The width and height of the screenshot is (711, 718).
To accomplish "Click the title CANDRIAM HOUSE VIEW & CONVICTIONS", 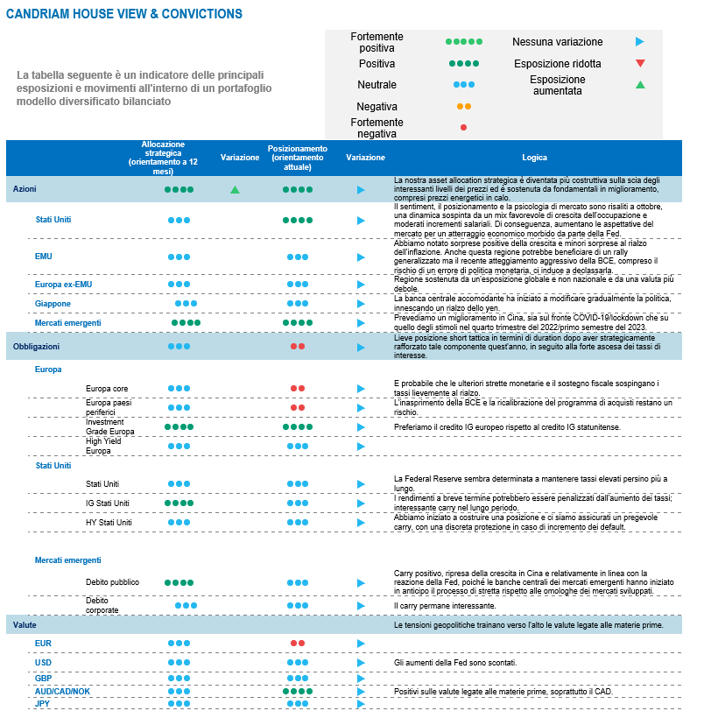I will pos(124,15).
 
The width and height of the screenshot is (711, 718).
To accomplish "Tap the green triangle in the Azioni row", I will pos(235,189).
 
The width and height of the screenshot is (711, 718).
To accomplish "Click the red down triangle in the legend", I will pos(640,63).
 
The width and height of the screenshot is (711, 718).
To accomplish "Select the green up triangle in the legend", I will pos(640,85).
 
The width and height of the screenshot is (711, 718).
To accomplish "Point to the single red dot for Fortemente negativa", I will pos(463,128).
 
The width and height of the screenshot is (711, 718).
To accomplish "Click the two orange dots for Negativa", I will pos(463,106).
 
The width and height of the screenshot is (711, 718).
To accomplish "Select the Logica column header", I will pos(535,158).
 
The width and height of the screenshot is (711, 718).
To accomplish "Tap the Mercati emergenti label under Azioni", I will pos(67,322).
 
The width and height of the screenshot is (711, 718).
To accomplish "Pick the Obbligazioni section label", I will pos(36,347).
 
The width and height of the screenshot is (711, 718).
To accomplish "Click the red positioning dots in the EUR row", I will pos(298,643).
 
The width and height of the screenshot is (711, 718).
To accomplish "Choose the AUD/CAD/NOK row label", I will pos(62,691).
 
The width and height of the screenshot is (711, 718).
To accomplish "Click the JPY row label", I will pos(42,703).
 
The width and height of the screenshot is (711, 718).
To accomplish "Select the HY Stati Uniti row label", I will pos(109,523).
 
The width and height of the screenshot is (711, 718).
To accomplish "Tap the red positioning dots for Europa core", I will pos(298,388).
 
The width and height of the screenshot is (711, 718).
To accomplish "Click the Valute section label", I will pos(25,625).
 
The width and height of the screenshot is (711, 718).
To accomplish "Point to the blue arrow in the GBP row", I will pos(361,679).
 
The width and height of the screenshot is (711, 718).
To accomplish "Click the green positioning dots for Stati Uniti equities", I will pos(298,221).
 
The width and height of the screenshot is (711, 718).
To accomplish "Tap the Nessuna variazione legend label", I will pos(557,41).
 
